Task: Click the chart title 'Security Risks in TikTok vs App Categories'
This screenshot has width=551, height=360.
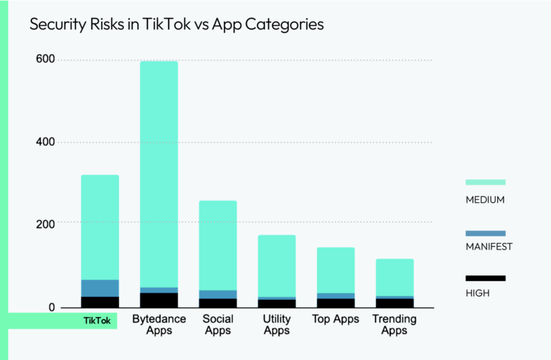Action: (176, 24)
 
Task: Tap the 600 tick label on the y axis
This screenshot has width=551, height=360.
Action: (45, 60)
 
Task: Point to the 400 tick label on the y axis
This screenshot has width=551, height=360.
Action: (45, 142)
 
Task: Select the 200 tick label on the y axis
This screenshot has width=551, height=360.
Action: (45, 224)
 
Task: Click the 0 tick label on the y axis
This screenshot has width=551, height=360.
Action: (52, 308)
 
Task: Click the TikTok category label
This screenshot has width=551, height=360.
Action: (97, 321)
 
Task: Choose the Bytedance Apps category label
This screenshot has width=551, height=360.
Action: (159, 324)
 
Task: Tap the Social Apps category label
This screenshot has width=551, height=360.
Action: (217, 324)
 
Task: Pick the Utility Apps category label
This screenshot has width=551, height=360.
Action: (277, 324)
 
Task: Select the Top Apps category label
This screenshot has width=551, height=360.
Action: (336, 319)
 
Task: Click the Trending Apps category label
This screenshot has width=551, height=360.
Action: (395, 324)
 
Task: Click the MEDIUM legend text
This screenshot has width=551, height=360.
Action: (486, 199)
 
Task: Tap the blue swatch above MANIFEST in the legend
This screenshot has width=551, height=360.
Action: (486, 233)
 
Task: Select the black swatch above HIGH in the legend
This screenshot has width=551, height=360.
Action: (486, 278)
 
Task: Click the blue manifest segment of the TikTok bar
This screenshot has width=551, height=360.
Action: (100, 288)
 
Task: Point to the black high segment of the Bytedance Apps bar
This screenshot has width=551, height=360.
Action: (159, 300)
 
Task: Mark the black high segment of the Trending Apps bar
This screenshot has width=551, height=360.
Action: (395, 303)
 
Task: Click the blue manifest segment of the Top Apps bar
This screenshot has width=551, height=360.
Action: (336, 295)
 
